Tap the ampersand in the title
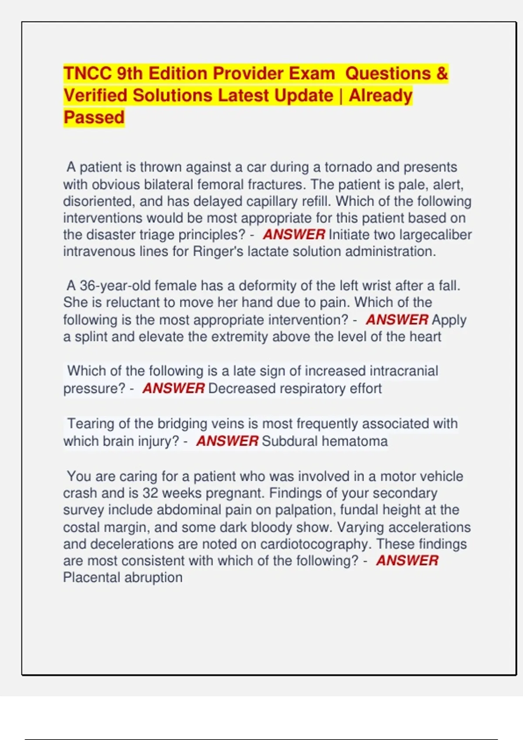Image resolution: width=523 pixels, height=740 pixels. tap(441, 74)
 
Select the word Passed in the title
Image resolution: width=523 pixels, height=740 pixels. tap(94, 118)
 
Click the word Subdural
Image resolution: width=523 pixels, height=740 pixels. tap(289, 441)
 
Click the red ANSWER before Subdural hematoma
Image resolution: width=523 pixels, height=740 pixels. tap(227, 441)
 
